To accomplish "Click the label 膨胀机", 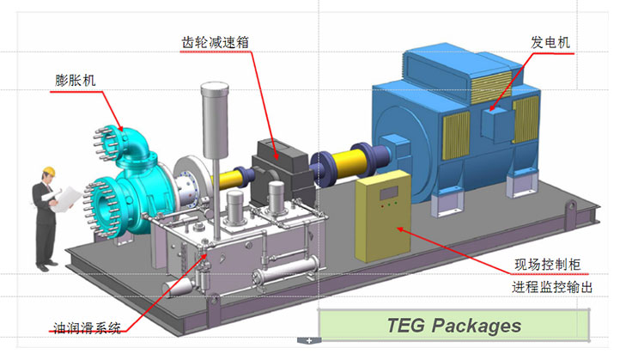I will tap(75, 81).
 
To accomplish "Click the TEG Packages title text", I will tap(454, 326).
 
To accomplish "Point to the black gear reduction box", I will tap(281, 162).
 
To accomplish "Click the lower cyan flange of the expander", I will tap(105, 206).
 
